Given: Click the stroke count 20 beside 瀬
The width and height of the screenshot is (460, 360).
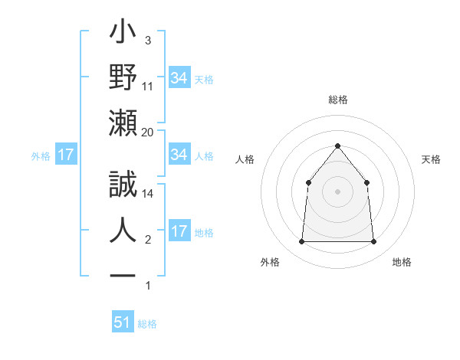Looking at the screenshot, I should point(148,132).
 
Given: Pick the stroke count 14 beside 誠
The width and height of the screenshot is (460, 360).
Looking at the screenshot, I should point(148,194).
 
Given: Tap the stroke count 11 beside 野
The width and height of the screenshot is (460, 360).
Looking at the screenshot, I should point(148,86).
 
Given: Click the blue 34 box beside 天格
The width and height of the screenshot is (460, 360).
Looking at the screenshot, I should point(179,78).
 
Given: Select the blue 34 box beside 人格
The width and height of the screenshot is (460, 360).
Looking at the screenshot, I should point(179,155).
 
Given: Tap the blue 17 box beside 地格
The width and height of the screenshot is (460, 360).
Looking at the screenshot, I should point(179,231).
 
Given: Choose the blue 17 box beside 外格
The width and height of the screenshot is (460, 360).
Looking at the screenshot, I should point(65,155).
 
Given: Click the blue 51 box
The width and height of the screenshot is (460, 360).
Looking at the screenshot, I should point(123,322).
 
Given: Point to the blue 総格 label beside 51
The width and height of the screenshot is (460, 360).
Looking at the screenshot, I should point(147,324).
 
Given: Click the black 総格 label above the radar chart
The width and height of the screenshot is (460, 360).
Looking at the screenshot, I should point(337,100).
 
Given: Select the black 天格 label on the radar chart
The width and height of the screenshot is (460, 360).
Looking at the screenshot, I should point(431,159).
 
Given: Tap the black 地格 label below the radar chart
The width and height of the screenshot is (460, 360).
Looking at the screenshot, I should point(402,262).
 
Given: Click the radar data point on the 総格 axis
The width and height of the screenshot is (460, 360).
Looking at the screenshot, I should point(337,146).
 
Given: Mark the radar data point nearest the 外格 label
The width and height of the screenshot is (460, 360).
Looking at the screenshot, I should point(301,241).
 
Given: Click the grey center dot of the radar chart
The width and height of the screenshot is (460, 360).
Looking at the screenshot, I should point(337,191).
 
